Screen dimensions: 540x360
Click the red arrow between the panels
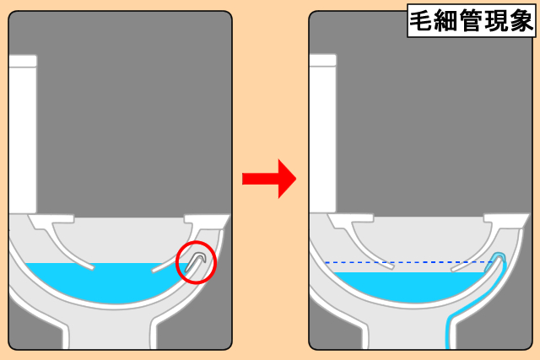269,179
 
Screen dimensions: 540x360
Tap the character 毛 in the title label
420,21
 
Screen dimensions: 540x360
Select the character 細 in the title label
445,21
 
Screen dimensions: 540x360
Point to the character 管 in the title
471,21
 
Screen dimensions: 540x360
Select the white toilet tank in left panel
22,134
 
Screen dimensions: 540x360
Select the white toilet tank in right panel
322,133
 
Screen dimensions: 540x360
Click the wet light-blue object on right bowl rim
498,259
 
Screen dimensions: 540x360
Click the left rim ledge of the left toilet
51,220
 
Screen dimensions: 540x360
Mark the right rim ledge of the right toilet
506,219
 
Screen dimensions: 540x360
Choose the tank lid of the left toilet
23,61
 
